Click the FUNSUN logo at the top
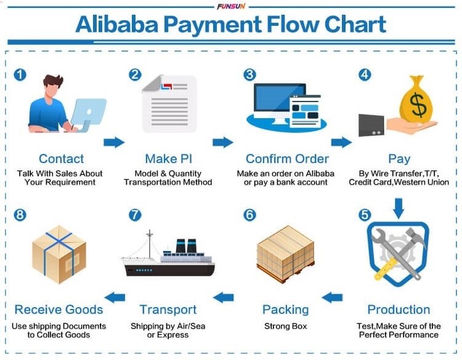(231, 6)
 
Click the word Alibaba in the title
(117, 25)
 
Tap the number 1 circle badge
(20, 74)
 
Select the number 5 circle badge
(365, 215)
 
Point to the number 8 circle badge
(20, 215)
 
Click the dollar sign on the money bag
(418, 104)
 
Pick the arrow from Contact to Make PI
(114, 142)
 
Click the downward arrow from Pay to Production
(399, 208)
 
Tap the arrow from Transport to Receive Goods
(115, 297)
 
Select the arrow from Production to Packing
(332, 297)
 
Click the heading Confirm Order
(287, 159)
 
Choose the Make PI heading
(169, 159)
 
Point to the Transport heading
(168, 310)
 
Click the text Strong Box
(285, 326)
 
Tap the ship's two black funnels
(186, 246)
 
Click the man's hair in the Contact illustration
(53, 81)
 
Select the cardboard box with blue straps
(59, 255)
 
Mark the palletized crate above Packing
(285, 254)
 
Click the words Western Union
(421, 182)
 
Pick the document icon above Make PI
(169, 103)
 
